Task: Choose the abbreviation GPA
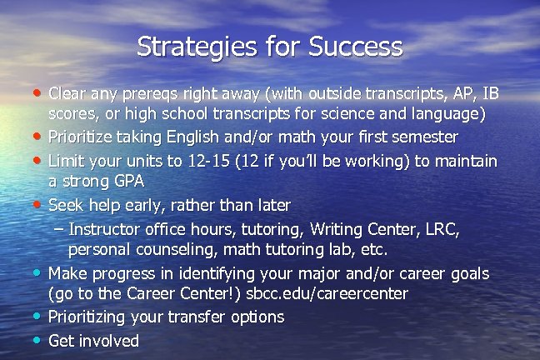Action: (127, 182)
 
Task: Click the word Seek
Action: (66, 204)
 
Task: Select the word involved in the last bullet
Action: (109, 340)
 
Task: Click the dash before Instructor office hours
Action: (57, 227)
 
